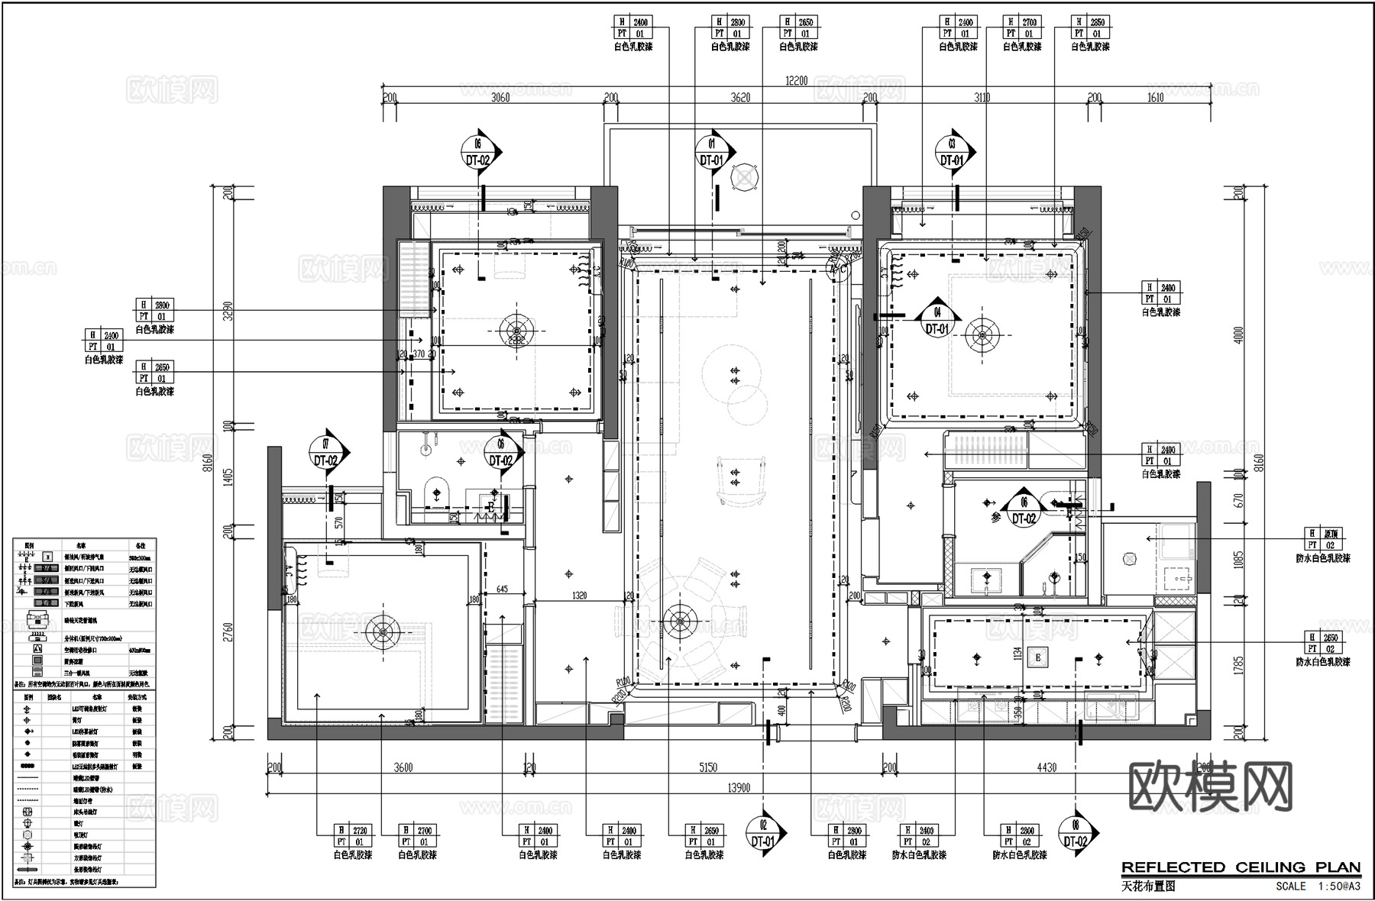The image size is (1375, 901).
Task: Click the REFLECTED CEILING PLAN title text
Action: point(1241,867)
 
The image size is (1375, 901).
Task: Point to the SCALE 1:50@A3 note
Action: point(1318,886)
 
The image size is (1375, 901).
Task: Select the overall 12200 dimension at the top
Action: point(796,80)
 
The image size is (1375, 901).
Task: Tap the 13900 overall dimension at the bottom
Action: point(738,788)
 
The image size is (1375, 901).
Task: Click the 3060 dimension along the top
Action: point(500,97)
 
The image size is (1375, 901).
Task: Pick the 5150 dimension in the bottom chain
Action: point(708,767)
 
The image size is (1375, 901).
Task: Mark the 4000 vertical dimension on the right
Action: point(1238,334)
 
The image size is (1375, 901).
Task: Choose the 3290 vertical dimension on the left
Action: point(228,311)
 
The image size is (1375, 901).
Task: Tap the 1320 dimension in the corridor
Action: point(579,596)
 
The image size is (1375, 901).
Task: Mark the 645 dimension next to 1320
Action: point(502,589)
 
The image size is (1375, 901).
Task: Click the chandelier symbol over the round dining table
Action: point(678,621)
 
